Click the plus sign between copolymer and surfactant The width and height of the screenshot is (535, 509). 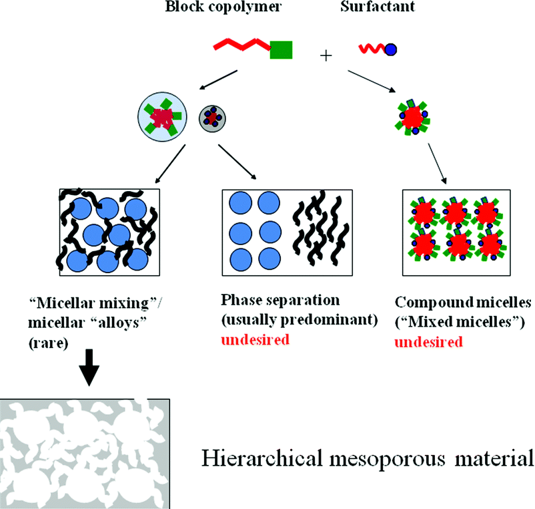[x=326, y=55]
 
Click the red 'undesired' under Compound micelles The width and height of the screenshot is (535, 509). [x=428, y=343]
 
